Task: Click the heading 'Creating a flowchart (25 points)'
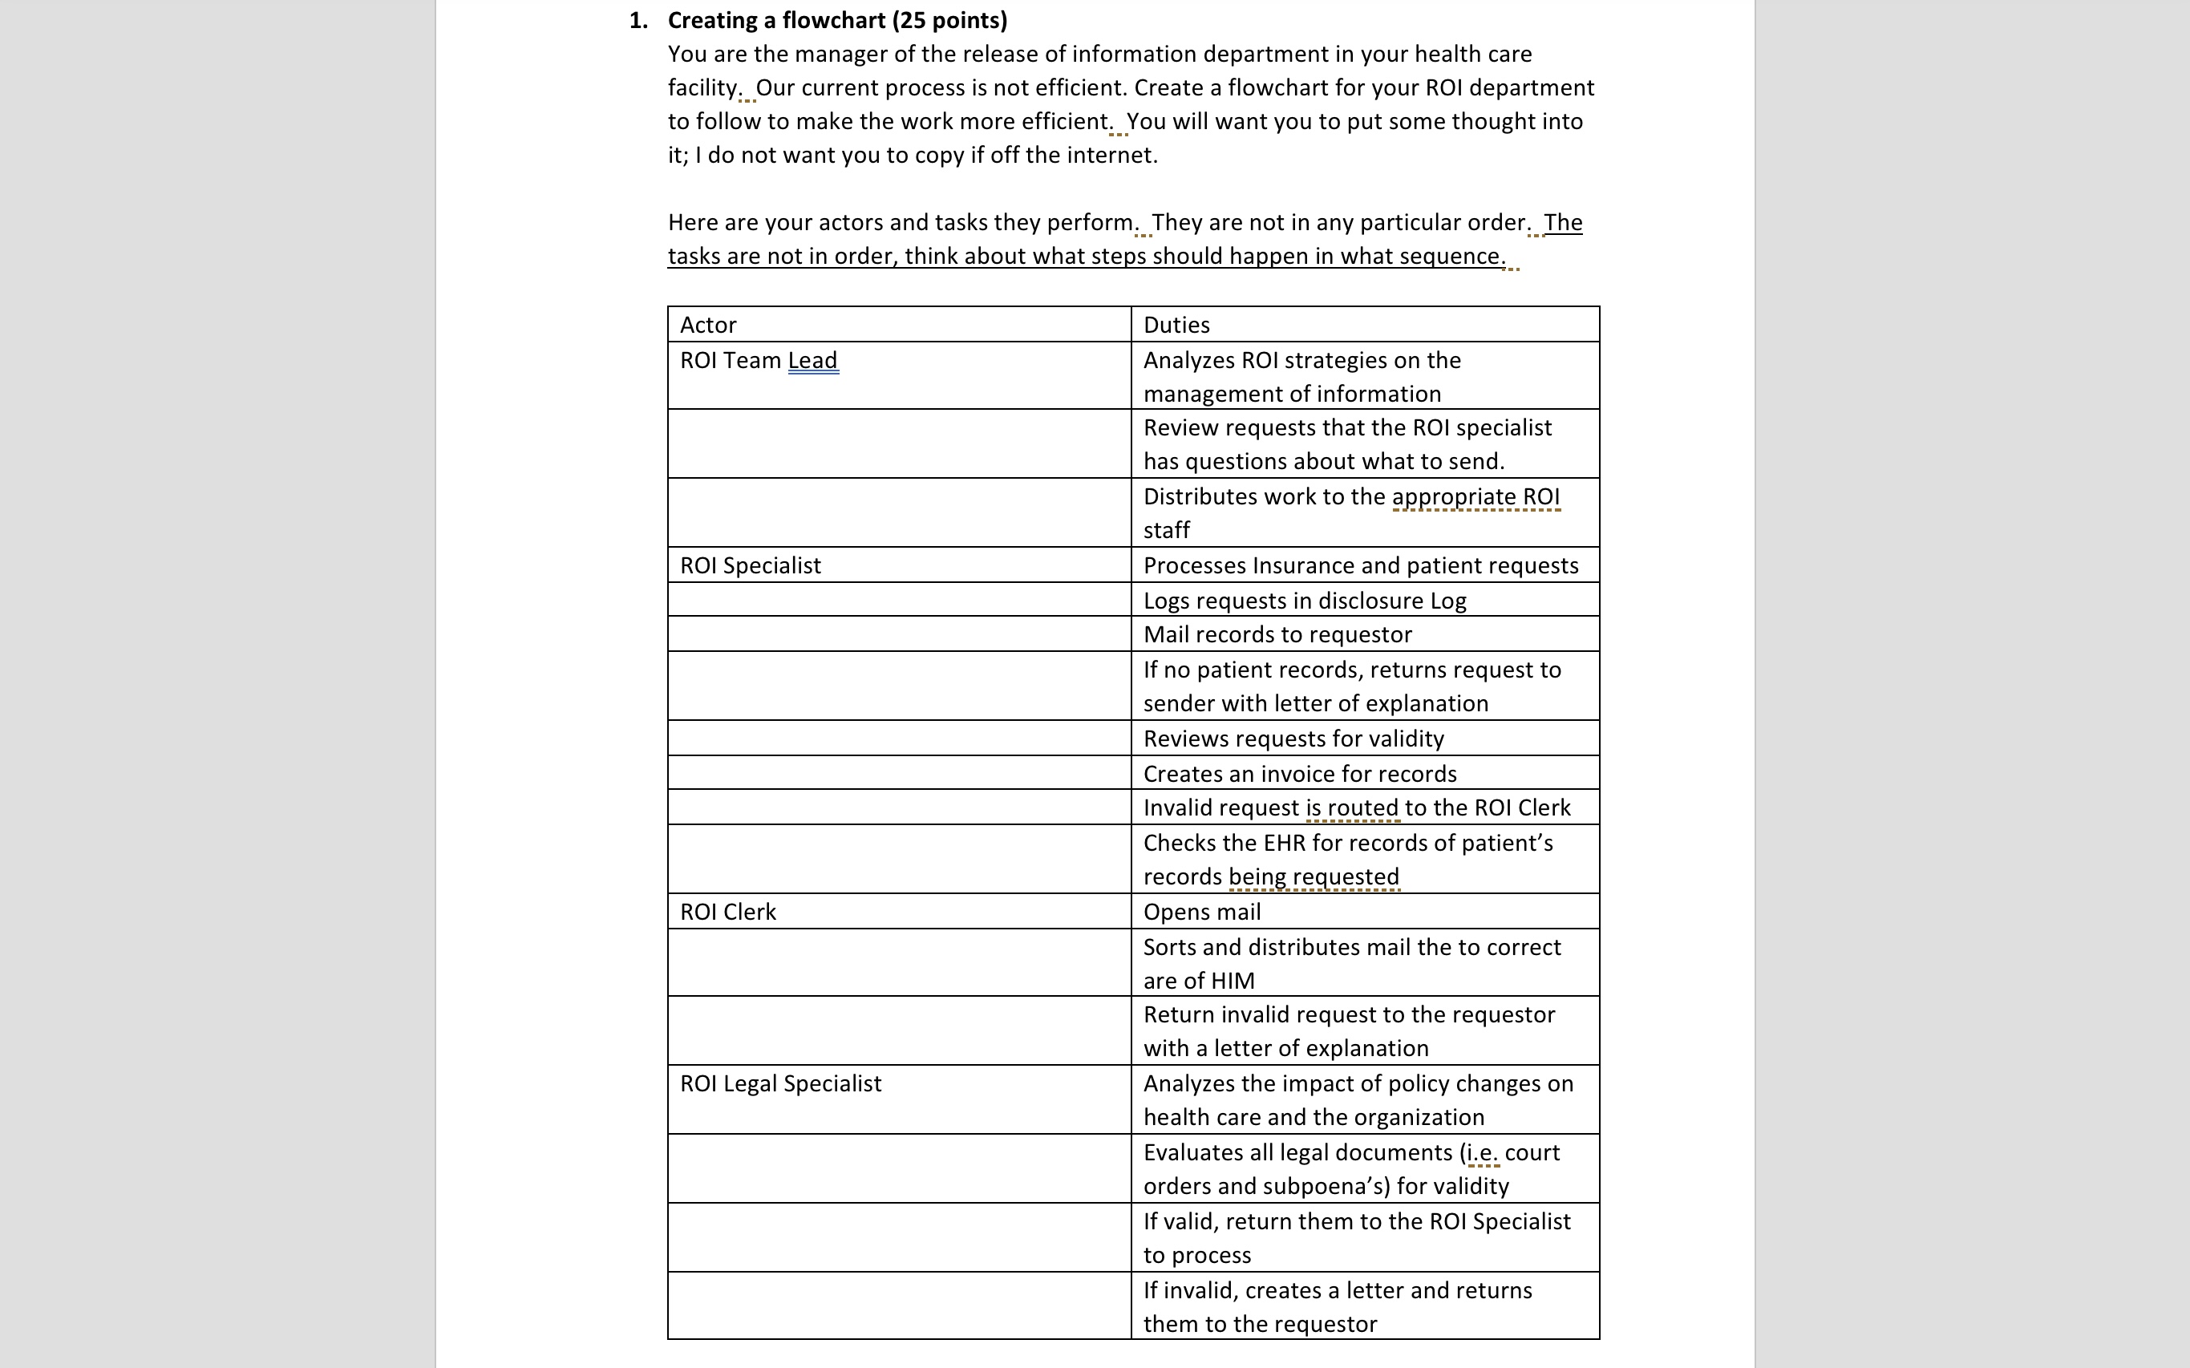(x=836, y=21)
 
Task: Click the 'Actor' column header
(x=708, y=325)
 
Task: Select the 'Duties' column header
(x=1176, y=325)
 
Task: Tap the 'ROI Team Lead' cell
(x=758, y=360)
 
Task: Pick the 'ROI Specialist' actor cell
(x=750, y=565)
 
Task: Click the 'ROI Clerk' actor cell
(x=727, y=912)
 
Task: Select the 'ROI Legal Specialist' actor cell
(x=779, y=1084)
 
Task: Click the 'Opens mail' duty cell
(x=1201, y=912)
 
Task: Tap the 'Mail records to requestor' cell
(x=1277, y=634)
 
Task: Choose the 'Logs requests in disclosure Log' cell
(x=1304, y=601)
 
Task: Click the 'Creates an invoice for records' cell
(x=1299, y=774)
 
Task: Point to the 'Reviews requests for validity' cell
(x=1293, y=739)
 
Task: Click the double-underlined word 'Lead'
(x=812, y=360)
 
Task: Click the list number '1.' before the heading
(x=638, y=21)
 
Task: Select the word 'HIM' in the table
(x=1232, y=981)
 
